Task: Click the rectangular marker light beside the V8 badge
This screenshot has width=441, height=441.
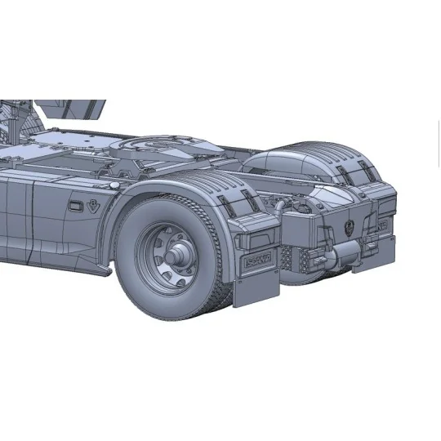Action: (x=75, y=207)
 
